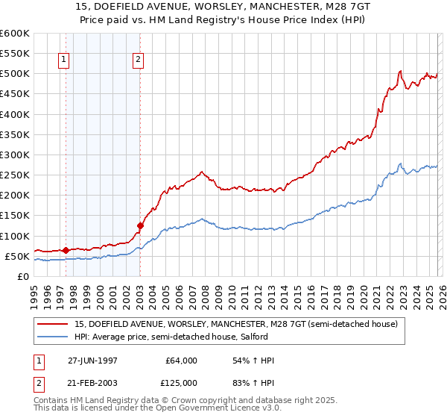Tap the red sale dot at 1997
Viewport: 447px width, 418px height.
click(x=66, y=250)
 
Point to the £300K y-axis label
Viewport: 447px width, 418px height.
click(x=14, y=155)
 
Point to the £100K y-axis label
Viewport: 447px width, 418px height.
click(x=14, y=236)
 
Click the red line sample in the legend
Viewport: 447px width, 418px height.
click(x=54, y=324)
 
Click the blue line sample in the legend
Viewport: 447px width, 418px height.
click(x=54, y=337)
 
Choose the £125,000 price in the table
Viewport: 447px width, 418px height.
click(x=181, y=383)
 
